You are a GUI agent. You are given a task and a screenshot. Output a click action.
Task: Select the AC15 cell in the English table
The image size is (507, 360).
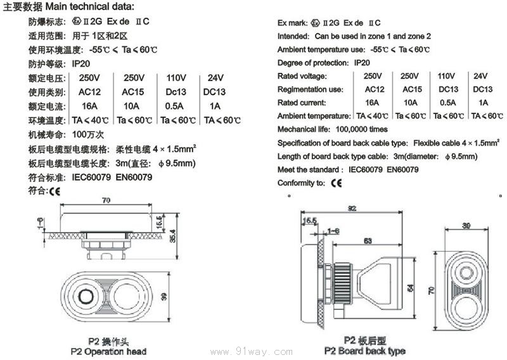click(x=412, y=89)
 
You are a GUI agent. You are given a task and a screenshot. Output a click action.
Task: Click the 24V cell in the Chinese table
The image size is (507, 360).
click(x=215, y=78)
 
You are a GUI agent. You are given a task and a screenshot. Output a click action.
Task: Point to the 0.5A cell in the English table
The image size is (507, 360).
click(x=447, y=103)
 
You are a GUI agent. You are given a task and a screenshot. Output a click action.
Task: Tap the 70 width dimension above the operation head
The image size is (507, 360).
click(x=105, y=200)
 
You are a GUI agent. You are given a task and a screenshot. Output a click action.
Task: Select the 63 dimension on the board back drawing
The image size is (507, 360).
click(x=368, y=240)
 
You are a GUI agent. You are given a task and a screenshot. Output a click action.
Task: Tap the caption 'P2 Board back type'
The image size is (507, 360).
click(x=364, y=350)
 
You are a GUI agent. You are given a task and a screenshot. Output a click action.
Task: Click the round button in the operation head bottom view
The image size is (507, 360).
click(x=83, y=296)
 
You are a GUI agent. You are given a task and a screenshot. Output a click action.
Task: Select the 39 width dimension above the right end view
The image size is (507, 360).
click(x=466, y=226)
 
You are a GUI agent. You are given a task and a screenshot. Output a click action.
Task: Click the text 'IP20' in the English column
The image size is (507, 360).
click(x=362, y=63)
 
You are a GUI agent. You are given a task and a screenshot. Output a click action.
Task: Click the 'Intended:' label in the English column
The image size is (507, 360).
click(x=293, y=36)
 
